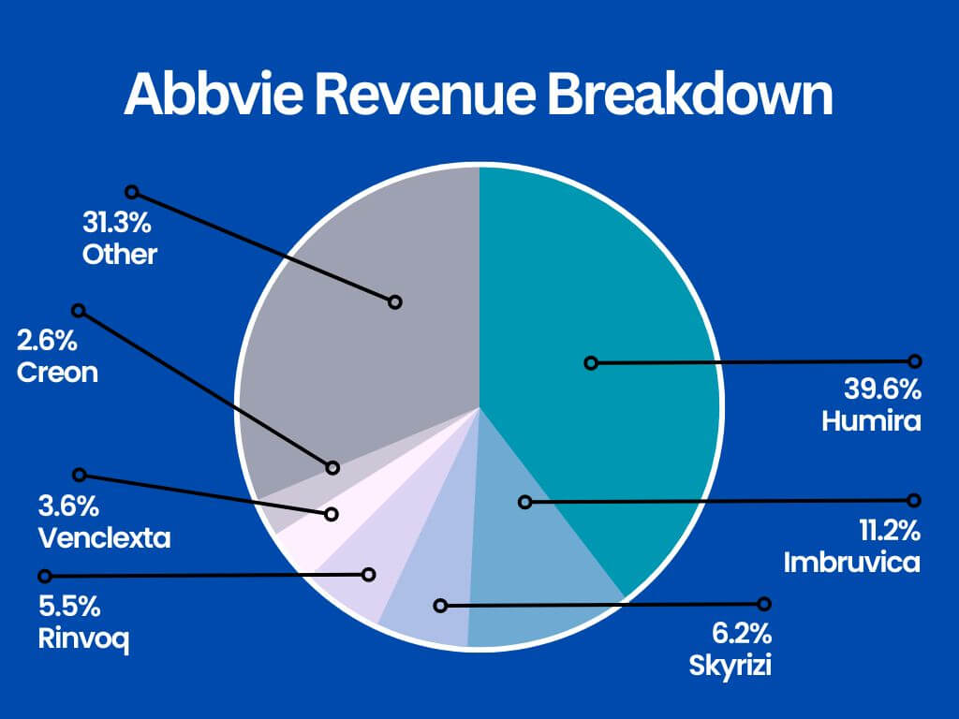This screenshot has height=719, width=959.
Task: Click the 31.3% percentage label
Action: tap(115, 224)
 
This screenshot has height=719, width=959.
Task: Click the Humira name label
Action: tap(871, 421)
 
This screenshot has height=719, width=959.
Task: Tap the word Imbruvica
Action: tap(852, 563)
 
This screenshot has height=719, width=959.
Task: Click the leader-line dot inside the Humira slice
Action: tap(590, 362)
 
